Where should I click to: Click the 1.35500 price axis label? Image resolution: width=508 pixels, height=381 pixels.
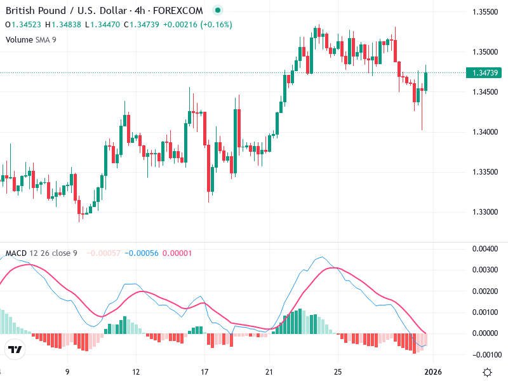tap(485, 12)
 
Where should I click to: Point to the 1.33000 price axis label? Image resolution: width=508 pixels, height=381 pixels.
tap(485, 212)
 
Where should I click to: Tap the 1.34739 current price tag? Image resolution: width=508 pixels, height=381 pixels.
tap(486, 73)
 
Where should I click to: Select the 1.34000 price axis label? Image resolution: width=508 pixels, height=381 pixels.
tap(485, 132)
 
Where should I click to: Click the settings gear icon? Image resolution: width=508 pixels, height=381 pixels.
tap(487, 372)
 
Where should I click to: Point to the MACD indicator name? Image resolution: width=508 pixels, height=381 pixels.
tap(16, 253)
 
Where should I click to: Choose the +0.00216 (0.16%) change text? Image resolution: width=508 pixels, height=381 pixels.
tap(197, 25)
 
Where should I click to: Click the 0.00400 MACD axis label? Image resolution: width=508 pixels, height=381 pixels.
tap(485, 249)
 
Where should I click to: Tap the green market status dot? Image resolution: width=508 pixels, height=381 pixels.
tap(218, 11)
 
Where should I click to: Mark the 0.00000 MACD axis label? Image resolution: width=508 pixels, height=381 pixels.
tap(485, 333)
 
